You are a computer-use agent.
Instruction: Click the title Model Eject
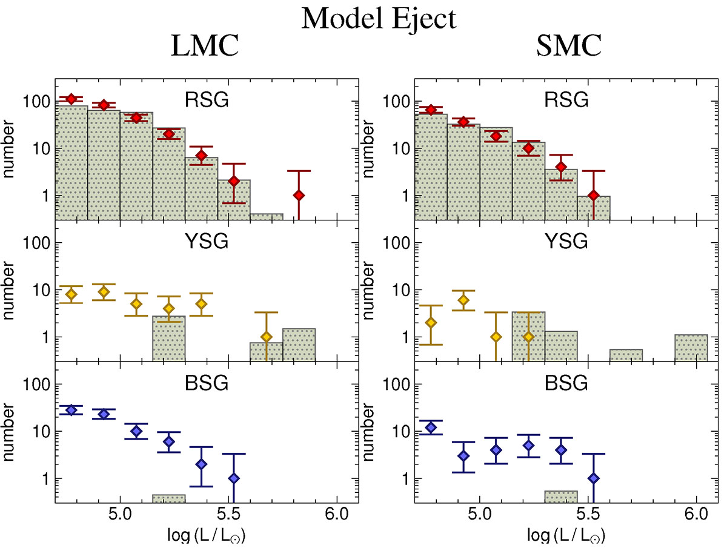pos(379,19)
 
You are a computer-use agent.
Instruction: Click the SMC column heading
pos(568,47)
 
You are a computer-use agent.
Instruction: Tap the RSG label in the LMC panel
pos(208,100)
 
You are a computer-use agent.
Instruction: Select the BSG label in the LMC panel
pos(208,383)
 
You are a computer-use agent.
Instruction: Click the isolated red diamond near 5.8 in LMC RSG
pos(299,195)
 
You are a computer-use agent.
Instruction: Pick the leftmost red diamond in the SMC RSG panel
pos(431,110)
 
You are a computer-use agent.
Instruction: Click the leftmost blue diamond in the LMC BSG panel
pos(71,410)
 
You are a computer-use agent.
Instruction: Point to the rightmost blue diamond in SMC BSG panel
pos(594,478)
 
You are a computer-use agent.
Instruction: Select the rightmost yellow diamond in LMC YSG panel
pos(266,337)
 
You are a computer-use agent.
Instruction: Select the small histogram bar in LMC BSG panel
pos(168,498)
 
